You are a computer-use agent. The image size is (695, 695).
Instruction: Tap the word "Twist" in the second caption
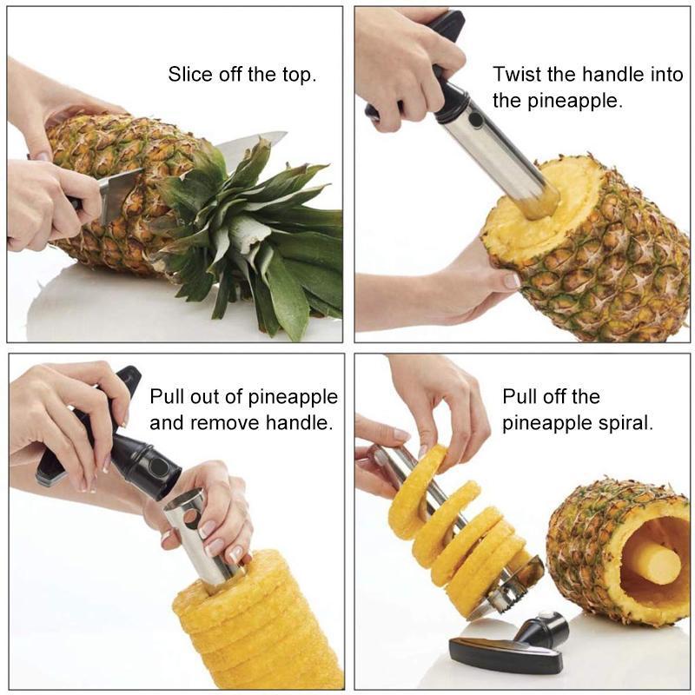515,74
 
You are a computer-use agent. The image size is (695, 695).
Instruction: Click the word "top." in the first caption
295,74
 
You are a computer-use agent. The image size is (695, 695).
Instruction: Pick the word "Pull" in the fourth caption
520,397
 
